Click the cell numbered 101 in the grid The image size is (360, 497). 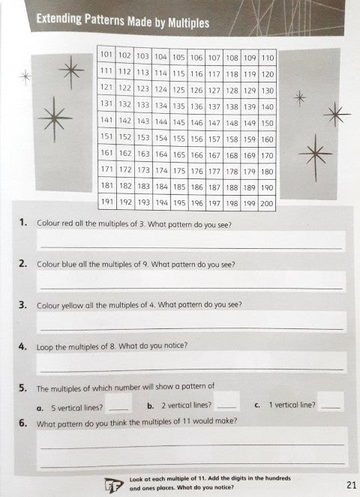pyautogui.click(x=105, y=56)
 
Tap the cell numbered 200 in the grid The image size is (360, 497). pyautogui.click(x=268, y=203)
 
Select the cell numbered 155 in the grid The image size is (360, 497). pyautogui.click(x=178, y=139)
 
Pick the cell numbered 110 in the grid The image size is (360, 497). pyautogui.click(x=268, y=56)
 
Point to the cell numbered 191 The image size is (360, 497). pyautogui.click(x=105, y=203)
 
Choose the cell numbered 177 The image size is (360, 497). pyautogui.click(x=214, y=171)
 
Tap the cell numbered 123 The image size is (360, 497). pyautogui.click(x=142, y=89)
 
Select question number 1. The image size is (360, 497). pyautogui.click(x=23, y=223)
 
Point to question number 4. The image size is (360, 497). pyautogui.click(x=23, y=346)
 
